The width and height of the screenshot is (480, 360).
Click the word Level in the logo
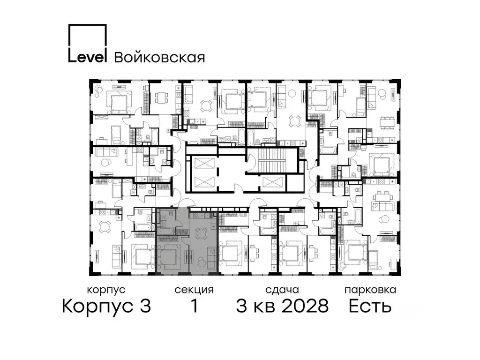click(88, 57)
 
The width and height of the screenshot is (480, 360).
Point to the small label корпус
click(106, 290)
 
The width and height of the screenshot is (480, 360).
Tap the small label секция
click(194, 290)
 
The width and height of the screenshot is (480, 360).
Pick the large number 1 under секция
click(194, 307)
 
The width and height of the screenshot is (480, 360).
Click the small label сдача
click(281, 290)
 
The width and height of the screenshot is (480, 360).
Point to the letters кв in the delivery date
click(263, 307)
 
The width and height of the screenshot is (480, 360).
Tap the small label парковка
click(370, 290)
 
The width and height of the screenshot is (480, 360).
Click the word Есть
click(370, 307)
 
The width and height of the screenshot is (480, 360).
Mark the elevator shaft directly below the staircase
click(272, 183)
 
